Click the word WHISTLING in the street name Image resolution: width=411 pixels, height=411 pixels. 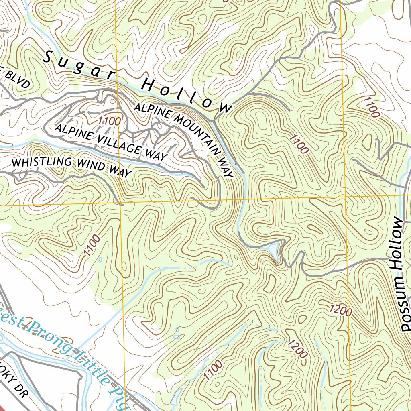point(42,163)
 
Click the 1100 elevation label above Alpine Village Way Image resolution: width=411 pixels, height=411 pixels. point(108,121)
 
